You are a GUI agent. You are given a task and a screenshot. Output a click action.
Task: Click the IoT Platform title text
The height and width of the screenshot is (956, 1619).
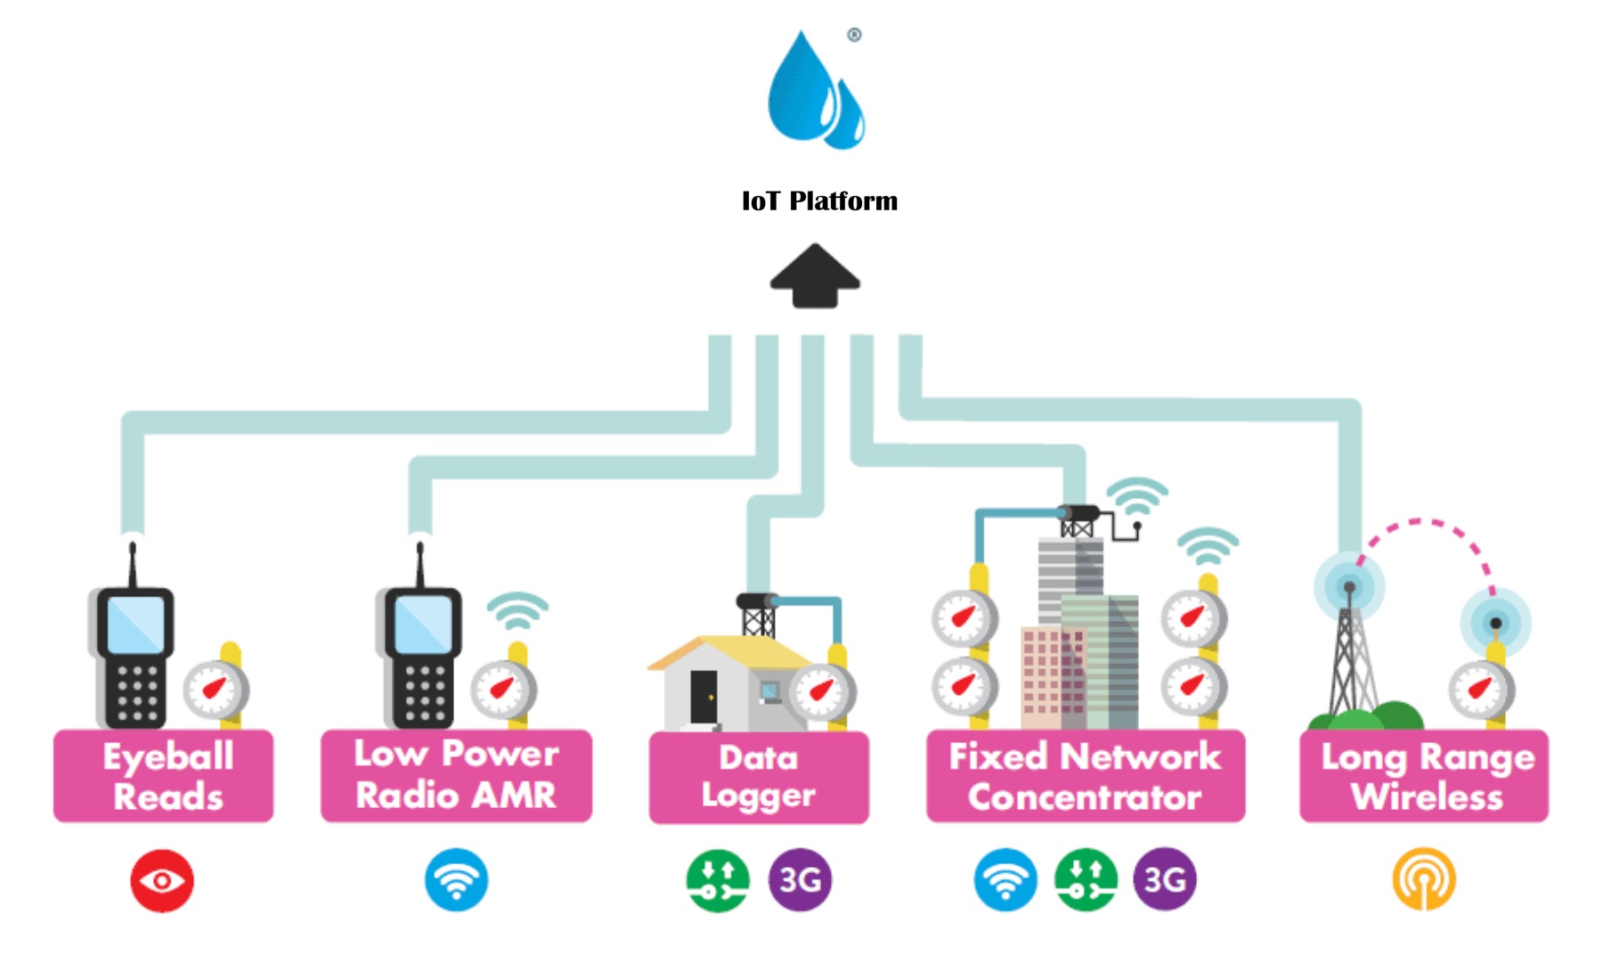[x=819, y=201]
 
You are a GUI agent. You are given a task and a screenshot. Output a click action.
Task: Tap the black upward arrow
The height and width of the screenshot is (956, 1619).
[x=815, y=276]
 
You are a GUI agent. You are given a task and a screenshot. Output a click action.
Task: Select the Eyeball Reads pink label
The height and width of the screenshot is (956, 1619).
[x=164, y=776]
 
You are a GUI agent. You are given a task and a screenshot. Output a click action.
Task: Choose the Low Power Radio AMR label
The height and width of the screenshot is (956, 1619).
[x=456, y=775]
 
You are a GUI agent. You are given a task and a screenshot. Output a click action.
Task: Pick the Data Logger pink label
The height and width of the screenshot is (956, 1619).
[x=759, y=777]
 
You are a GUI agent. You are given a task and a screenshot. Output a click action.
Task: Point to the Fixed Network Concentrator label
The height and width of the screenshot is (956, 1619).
[x=1085, y=776]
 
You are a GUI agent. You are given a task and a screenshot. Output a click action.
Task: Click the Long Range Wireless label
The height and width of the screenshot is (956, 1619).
[x=1424, y=776]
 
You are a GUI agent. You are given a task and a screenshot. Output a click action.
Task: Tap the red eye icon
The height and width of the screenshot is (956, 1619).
[x=162, y=881]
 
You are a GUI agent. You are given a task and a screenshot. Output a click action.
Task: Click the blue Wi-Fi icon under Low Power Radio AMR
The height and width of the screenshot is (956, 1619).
[x=456, y=880]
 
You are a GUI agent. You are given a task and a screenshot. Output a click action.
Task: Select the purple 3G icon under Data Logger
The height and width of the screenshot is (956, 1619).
[x=800, y=880]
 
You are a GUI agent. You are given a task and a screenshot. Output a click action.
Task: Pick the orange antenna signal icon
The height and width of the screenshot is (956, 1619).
[x=1424, y=880]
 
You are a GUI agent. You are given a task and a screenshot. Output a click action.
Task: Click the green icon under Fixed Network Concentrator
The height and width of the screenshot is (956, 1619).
[x=1085, y=880]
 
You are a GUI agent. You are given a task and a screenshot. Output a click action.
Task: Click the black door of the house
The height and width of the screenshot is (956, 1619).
[x=704, y=696]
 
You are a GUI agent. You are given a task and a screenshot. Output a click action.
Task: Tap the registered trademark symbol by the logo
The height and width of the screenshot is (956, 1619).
[x=854, y=35]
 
